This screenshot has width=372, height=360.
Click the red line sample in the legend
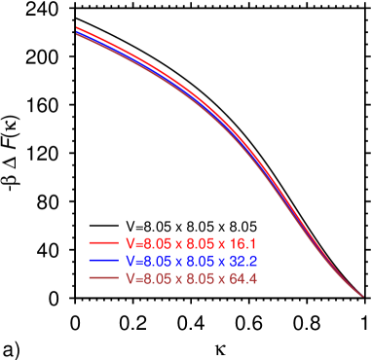[x=103, y=242]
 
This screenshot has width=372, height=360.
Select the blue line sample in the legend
[x=103, y=261]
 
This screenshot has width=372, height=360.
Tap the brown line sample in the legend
[x=103, y=278]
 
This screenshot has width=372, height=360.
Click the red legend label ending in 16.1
[x=191, y=242]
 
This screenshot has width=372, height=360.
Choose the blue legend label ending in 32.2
[x=191, y=261]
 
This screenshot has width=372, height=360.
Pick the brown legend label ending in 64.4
[x=191, y=278]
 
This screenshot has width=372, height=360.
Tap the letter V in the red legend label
[x=129, y=242]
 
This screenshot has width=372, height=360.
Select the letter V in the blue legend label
[x=129, y=261]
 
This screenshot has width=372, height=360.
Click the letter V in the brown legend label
[x=129, y=278]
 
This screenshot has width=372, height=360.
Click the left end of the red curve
[x=76, y=28]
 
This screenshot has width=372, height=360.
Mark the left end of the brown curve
[x=76, y=37]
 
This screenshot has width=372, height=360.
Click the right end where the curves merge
[x=362, y=296]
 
